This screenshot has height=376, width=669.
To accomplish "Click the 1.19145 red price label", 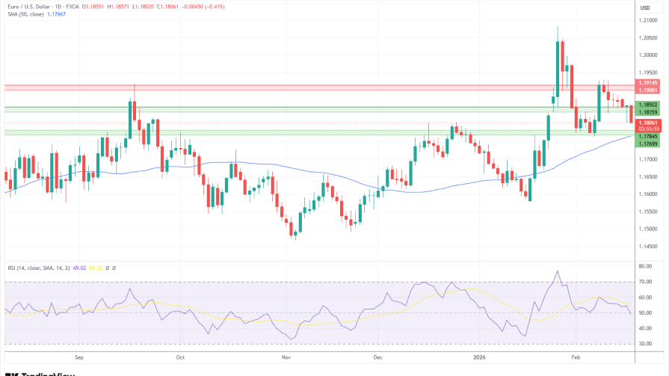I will coord(647,82).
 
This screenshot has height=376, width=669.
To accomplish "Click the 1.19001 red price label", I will coord(647,90).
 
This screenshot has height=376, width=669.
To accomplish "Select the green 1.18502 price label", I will coord(647,105).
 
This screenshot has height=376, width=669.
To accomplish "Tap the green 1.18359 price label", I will coord(647,112).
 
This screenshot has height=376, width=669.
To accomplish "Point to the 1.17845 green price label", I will coord(647,136).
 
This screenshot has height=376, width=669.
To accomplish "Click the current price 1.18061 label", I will coord(647,123).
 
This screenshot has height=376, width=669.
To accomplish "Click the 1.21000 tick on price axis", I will coord(647,20).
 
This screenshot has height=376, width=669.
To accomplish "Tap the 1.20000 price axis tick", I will coord(647,55).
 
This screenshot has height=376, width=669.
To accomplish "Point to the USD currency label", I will coord(645,7).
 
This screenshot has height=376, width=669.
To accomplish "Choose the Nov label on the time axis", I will coord(285,357).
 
